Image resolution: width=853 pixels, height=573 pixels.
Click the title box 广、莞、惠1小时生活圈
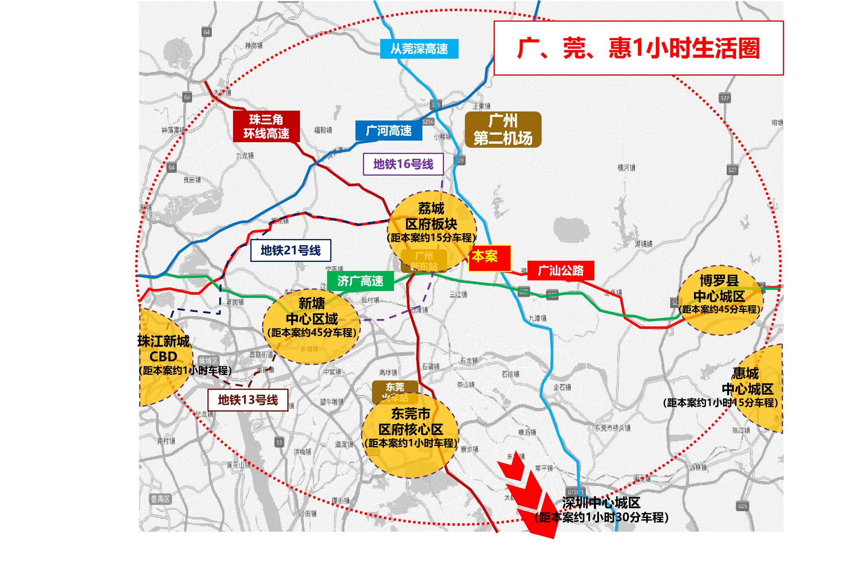point(638,48)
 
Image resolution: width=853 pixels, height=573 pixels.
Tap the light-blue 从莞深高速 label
point(419,49)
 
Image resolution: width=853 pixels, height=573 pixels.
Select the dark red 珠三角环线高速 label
point(266,126)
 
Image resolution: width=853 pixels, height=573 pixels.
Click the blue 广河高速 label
point(389,131)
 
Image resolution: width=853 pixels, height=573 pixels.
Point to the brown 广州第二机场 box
point(503,130)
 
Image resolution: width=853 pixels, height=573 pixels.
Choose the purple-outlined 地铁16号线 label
point(403,164)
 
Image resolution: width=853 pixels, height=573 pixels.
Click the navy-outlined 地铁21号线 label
point(291,250)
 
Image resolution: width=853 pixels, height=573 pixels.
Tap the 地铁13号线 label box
point(248,400)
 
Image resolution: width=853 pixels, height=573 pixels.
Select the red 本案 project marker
point(489,258)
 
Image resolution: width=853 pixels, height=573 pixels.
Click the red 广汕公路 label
point(561,271)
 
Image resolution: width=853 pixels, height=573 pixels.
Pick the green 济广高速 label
point(360,281)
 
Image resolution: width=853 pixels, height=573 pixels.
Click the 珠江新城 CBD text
point(164,349)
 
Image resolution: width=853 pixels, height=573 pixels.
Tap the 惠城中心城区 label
point(746,381)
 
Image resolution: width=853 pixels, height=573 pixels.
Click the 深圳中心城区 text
point(601,503)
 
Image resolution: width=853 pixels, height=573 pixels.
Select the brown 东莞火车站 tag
point(395,391)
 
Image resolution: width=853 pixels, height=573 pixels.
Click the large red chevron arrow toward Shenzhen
point(527,496)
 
